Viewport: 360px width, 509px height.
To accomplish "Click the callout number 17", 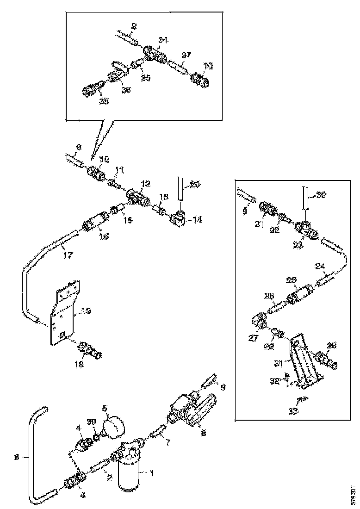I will [x=68, y=254].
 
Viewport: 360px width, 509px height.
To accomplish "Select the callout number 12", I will [x=145, y=184].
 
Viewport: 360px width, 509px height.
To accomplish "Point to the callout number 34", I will [x=162, y=40].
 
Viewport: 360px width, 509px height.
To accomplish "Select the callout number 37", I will [x=186, y=55].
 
